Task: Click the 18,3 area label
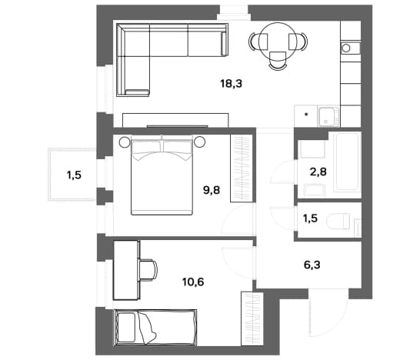point(232,84)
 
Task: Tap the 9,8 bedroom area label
point(212,190)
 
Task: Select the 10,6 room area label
point(193,282)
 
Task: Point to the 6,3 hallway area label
point(312,265)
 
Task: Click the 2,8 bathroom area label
point(318,172)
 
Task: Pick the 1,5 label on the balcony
point(74,175)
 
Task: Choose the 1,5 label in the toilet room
point(310,218)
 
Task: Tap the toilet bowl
point(338,222)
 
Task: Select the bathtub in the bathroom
point(347,162)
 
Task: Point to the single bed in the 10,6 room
point(155,328)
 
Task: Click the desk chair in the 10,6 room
point(148,269)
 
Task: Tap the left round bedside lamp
point(125,142)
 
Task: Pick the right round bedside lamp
point(200,142)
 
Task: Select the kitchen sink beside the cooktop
point(328,115)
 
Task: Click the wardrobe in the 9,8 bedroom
point(242,168)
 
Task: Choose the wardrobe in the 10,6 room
point(252,318)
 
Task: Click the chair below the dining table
point(278,61)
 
